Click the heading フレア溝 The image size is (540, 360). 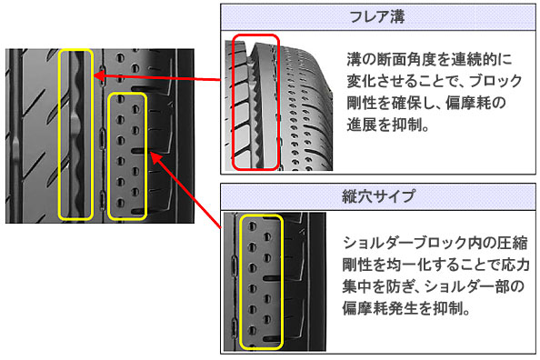[x=377, y=16]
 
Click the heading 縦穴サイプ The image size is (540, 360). [x=378, y=196]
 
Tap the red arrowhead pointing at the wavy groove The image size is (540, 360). [x=99, y=76]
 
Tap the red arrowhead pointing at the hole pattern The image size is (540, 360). [x=155, y=158]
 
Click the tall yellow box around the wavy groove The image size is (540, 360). [x=59, y=135]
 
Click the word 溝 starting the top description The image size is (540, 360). [x=354, y=60]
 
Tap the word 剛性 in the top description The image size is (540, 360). [x=361, y=103]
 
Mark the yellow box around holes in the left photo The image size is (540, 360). [x=109, y=156]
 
